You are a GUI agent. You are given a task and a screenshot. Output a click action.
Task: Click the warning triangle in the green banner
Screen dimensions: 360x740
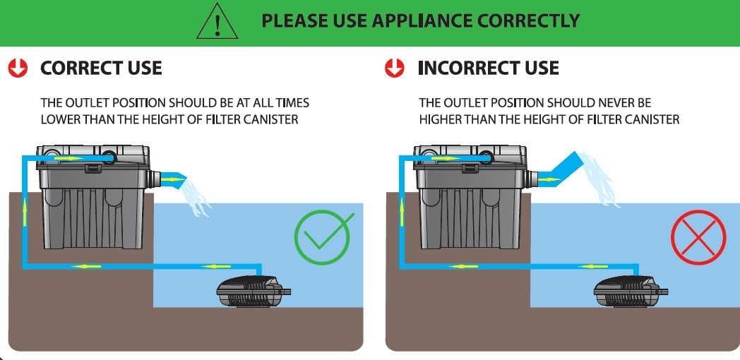217,22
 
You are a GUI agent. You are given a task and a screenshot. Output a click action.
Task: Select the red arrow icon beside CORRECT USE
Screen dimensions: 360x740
18,68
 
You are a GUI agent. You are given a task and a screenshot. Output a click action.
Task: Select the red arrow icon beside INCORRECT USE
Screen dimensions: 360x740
394,68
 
